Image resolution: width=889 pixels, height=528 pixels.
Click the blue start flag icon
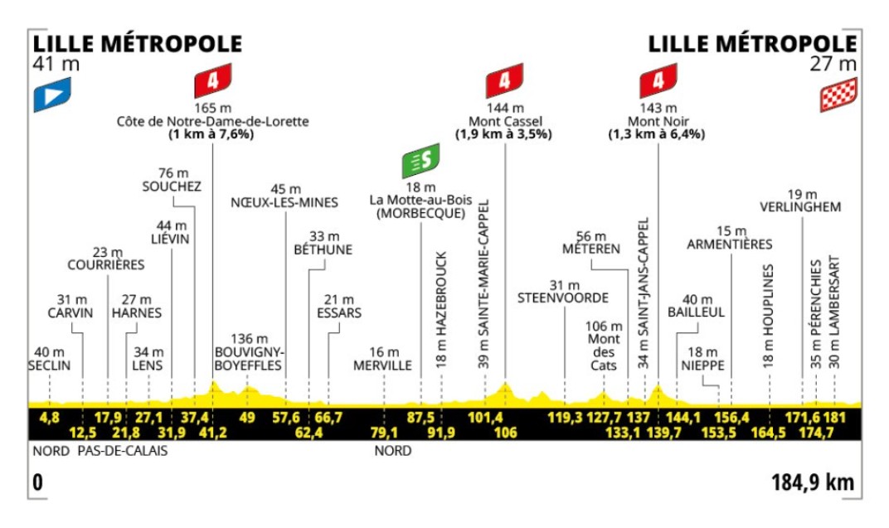pos(52,95)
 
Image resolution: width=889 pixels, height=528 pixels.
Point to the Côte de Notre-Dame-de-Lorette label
pos(212,121)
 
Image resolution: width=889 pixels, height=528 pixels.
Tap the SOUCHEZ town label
pos(172,186)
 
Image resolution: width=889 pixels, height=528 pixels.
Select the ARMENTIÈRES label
pos(730,244)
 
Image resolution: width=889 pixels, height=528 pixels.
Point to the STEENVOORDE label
pos(563,297)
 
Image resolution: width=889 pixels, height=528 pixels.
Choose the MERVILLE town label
pos(382,365)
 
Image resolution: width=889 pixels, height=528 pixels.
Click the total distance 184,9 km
pos(811,482)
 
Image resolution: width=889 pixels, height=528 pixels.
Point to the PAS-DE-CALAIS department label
pos(123,452)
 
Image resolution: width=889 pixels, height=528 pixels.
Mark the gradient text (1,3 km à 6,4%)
pos(656,133)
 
